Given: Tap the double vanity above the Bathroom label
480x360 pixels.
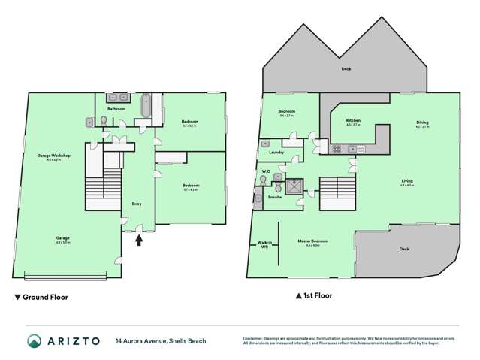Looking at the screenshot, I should (x=117, y=98).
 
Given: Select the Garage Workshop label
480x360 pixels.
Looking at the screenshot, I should (x=53, y=156).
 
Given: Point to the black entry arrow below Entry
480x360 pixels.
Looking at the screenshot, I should (x=137, y=241).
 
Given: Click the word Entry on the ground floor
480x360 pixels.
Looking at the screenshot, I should (x=137, y=204).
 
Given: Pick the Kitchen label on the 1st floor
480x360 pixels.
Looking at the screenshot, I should (x=353, y=121).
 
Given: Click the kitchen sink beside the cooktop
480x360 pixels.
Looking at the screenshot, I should (x=356, y=149).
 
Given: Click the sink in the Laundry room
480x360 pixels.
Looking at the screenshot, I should (x=265, y=143).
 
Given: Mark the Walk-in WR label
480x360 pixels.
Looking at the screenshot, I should (x=264, y=244).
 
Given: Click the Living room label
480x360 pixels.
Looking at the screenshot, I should (x=406, y=182).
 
